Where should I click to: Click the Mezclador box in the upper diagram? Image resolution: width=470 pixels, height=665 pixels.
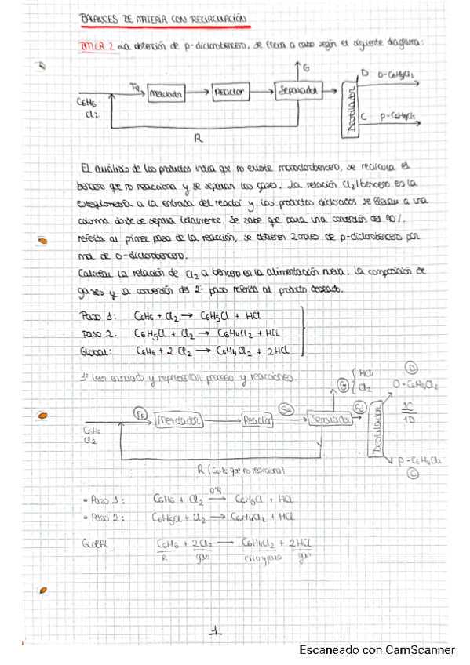(x=165, y=93)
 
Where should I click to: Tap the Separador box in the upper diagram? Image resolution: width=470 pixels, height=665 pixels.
(x=297, y=92)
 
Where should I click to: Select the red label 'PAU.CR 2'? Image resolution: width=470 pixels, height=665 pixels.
(x=98, y=46)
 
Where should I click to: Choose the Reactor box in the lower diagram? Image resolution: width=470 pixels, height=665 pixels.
(x=257, y=420)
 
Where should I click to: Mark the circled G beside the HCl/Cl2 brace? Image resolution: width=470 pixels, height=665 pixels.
(x=344, y=383)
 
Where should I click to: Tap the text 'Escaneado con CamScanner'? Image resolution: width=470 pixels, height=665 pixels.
(x=377, y=650)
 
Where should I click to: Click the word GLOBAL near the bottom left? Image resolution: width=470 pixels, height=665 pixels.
(x=96, y=543)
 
